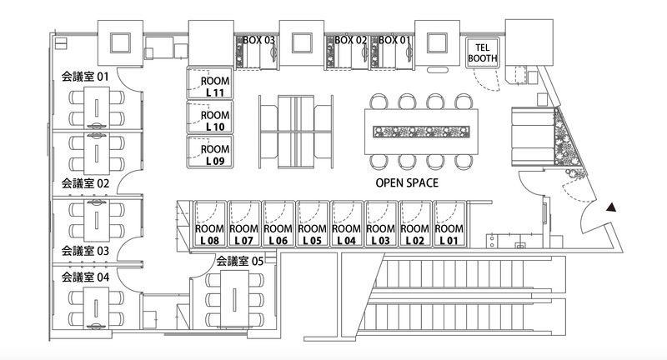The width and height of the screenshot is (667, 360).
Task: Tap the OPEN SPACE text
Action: (407, 182)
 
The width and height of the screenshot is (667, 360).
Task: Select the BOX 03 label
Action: (258, 39)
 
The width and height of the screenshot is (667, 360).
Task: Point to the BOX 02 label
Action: (350, 39)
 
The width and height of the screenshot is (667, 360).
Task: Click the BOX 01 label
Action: (394, 39)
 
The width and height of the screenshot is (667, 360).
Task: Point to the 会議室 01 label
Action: (85, 77)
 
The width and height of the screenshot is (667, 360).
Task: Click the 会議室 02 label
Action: (85, 182)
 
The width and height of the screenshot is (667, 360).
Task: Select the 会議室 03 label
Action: (85, 250)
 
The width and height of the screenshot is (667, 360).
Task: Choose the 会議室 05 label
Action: (240, 261)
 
